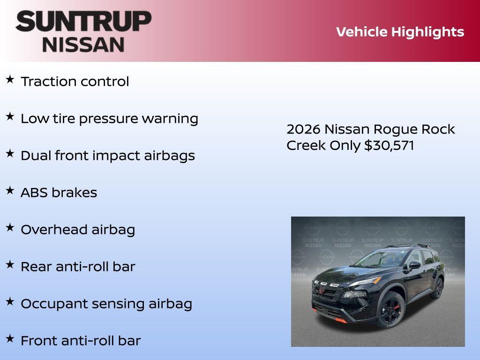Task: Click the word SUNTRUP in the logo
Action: click(83, 21)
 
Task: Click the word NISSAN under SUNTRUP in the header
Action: click(83, 45)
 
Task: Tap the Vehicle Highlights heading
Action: click(400, 32)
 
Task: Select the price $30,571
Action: click(389, 145)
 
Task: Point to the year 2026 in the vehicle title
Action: click(303, 129)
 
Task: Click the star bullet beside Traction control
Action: click(10, 80)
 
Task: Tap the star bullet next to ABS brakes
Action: click(10, 191)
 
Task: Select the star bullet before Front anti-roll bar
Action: click(10, 338)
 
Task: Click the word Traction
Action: click(42, 82)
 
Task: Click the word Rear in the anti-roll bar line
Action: click(36, 267)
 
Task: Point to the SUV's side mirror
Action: click(414, 266)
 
